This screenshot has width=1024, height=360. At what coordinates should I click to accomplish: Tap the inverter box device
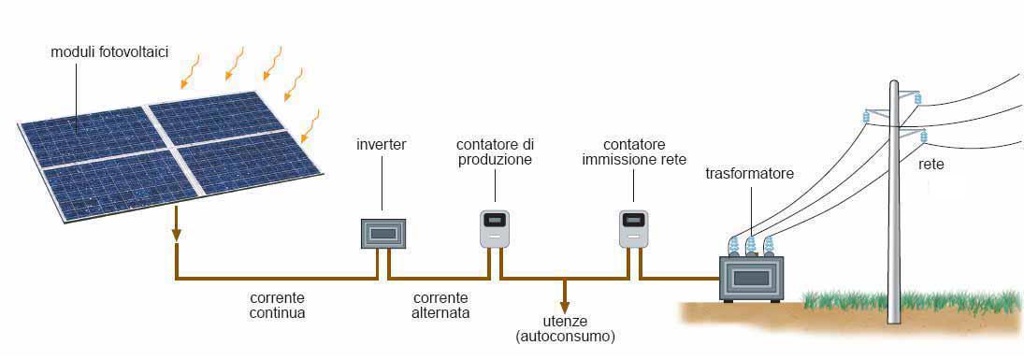pyautogui.click(x=383, y=233)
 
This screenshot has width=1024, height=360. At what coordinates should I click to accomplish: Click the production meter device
pyautogui.click(x=495, y=229)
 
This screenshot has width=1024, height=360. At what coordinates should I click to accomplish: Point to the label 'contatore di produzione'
pyautogui.click(x=495, y=152)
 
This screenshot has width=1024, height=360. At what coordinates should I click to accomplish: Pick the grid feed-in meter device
pyautogui.click(x=634, y=229)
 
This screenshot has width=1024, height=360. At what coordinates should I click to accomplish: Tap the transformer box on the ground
pyautogui.click(x=750, y=278)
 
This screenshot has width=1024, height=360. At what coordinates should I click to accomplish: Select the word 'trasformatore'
pyautogui.click(x=749, y=174)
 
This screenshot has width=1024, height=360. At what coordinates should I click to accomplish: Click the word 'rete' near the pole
pyautogui.click(x=931, y=164)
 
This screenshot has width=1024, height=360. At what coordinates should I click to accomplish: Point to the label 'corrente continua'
pyautogui.click(x=278, y=305)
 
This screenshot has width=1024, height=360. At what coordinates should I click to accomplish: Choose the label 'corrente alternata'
pyautogui.click(x=440, y=305)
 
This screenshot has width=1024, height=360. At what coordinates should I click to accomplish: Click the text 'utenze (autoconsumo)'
pyautogui.click(x=565, y=328)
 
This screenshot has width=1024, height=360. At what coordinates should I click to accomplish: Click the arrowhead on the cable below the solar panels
pyautogui.click(x=176, y=232)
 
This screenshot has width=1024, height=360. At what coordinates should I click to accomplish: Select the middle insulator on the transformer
pyautogui.click(x=750, y=246)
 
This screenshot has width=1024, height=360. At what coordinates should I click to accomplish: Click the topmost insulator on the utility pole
pyautogui.click(x=917, y=97)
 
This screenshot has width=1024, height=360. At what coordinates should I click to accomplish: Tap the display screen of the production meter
pyautogui.click(x=495, y=222)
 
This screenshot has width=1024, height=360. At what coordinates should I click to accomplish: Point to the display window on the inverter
pyautogui.click(x=383, y=233)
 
